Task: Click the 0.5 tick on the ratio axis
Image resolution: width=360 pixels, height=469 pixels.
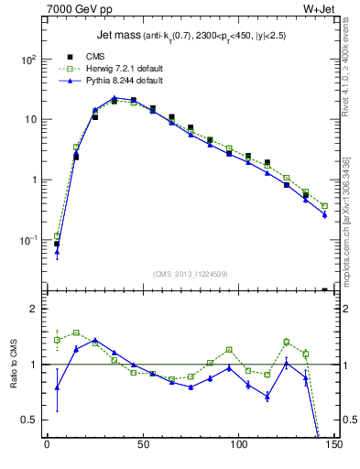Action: coord(29,420)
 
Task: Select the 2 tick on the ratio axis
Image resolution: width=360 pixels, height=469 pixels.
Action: coord(33,309)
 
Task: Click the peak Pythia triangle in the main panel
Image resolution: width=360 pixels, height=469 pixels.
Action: coord(114,98)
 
